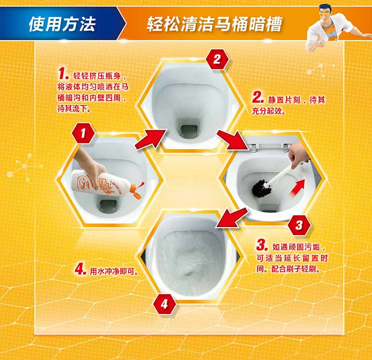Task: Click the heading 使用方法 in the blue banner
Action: [62, 24]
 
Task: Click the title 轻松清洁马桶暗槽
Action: [214, 24]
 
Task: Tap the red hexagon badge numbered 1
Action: [83, 133]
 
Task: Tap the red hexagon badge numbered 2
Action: [217, 59]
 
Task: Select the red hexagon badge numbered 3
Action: [299, 225]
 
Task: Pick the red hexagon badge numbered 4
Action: [164, 304]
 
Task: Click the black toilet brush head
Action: [261, 189]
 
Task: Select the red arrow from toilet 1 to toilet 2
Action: [151, 139]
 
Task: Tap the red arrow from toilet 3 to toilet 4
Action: [232, 218]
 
